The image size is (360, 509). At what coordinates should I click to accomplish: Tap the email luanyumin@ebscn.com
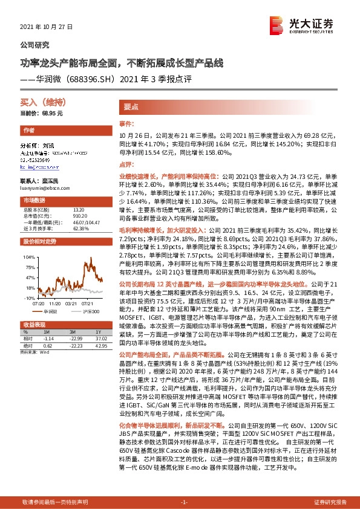pos(44,189)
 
